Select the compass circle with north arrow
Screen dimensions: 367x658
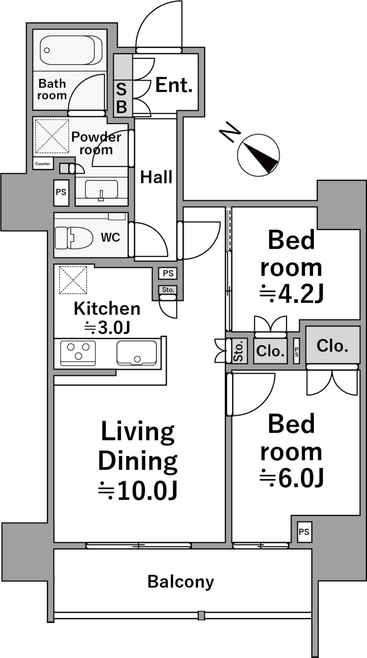tap(258, 155)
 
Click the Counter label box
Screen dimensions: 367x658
tap(43, 164)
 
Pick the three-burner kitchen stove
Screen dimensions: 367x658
tap(78, 353)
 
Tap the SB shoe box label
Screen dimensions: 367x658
tap(122, 98)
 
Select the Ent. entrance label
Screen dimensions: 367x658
tap(174, 85)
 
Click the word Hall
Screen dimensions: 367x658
tap(156, 177)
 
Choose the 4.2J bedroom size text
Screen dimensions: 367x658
tap(291, 293)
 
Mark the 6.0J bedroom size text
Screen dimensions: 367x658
tap(291, 477)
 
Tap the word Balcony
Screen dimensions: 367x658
tap(181, 582)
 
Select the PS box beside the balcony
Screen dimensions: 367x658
tap(304, 532)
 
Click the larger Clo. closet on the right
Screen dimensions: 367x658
tap(333, 346)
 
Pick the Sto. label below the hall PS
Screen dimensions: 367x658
tap(168, 290)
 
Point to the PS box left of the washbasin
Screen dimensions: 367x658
tap(61, 193)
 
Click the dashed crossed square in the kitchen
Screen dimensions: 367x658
tap(73, 280)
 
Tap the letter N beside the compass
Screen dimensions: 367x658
tap(230, 132)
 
